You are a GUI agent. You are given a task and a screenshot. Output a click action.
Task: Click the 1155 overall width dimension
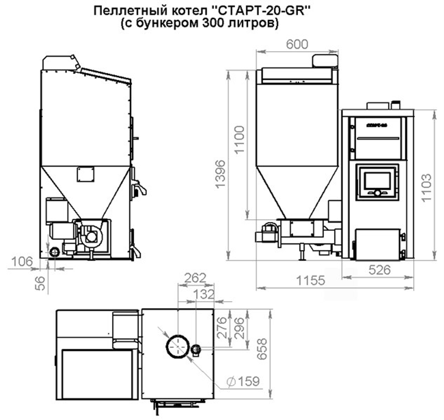click(x=310, y=281)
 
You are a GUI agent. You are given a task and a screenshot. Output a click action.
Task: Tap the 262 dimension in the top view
click(x=195, y=278)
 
